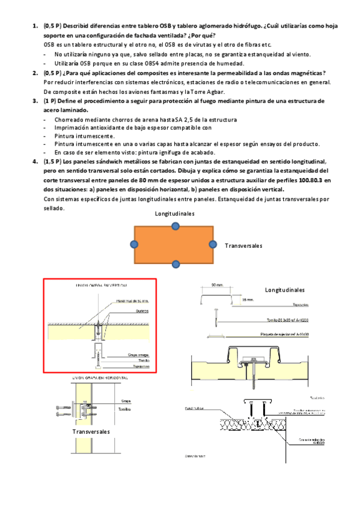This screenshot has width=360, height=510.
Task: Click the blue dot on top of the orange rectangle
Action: pos(175,226)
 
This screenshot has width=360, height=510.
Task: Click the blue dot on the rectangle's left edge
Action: pos(134,244)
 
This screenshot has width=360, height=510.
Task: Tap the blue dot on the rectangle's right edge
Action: pos(213,244)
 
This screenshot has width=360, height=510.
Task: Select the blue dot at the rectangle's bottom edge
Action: pos(175,264)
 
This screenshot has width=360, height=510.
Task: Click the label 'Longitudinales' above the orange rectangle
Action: pos(174,214)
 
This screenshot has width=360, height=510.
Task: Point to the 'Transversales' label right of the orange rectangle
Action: pos(243,246)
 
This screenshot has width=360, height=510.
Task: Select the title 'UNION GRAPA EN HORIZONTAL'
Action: pos(100,378)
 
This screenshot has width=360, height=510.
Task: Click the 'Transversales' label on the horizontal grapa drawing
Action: pos(91,432)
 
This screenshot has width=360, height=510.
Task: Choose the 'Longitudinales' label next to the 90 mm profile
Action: pos(285,289)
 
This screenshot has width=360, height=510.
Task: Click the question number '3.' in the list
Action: pos(35,101)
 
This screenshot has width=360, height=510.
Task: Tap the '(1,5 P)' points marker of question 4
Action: pos(52,162)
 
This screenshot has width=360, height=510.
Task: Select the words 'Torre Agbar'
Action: pos(208,91)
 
